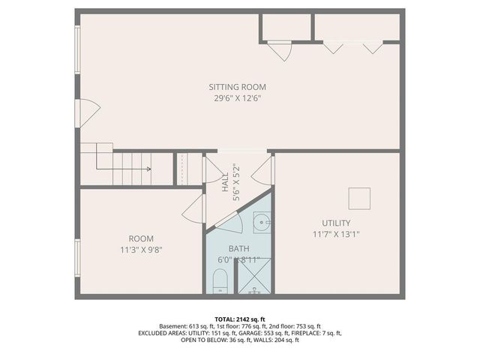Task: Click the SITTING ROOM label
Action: point(237,87)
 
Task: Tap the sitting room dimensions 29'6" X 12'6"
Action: point(237,97)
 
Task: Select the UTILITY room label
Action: point(335,223)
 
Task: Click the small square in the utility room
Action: point(359,198)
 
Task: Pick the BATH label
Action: point(238,249)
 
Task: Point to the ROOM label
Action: point(140,238)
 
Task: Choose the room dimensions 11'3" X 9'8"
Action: point(140,249)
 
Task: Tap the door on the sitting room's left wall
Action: point(88,113)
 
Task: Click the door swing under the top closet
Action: point(280,51)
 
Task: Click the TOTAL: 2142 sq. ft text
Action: point(240,318)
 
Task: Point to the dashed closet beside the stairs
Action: point(182,169)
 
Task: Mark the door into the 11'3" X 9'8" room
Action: point(193,208)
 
